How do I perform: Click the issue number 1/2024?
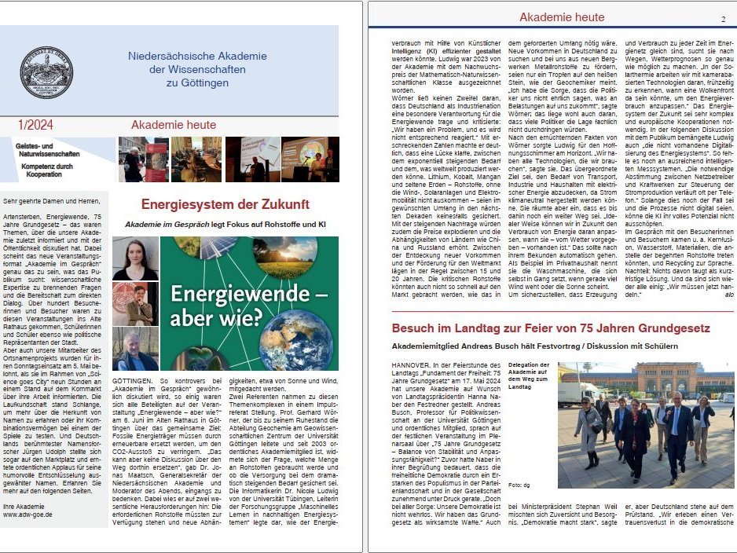(35, 125)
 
